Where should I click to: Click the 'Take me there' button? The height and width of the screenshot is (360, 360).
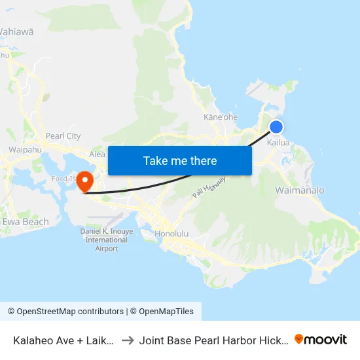tap(180, 160)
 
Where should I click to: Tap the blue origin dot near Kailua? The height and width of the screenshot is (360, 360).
tap(276, 127)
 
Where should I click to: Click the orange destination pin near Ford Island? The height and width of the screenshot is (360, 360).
tap(86, 181)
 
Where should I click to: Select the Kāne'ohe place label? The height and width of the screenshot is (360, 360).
tap(221, 117)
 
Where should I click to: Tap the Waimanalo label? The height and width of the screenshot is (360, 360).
tap(300, 190)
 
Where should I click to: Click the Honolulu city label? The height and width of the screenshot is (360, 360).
tap(172, 234)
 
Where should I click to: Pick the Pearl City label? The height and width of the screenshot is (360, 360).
tap(63, 136)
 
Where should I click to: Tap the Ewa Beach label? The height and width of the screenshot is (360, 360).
tap(26, 222)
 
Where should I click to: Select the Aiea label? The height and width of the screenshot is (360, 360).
tap(97, 154)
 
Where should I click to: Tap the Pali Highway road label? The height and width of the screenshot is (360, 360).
tap(209, 187)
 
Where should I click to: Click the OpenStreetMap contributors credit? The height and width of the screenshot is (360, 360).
tap(65, 312)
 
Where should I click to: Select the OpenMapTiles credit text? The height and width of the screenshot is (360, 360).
tap(164, 312)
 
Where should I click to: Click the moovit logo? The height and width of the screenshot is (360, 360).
tap(321, 339)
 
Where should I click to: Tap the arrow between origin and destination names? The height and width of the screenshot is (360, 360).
tap(128, 340)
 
